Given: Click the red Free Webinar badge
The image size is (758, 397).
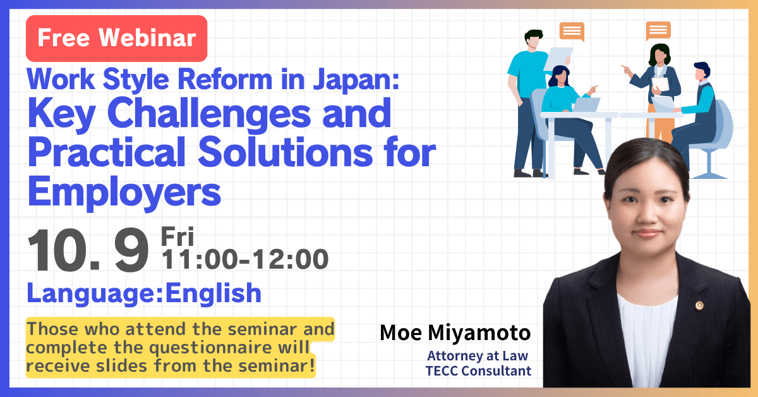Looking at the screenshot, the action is click(116, 39).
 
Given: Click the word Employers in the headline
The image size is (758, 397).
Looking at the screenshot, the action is click(124, 192).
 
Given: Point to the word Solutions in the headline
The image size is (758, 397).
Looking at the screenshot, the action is click(286, 152).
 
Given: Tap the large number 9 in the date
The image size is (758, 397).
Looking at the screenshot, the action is click(131, 250).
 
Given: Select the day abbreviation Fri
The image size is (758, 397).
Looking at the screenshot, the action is click(177, 236).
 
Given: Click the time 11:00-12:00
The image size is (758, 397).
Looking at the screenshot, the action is click(245, 259).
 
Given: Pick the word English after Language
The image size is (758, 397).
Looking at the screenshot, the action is click(214, 293).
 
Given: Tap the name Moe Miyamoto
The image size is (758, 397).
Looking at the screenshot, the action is click(455, 333).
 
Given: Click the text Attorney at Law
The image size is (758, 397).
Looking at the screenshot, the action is click(478, 356).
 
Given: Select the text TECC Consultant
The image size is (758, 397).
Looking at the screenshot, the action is click(478, 371).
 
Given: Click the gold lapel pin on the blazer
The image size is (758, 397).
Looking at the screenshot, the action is click(699, 306).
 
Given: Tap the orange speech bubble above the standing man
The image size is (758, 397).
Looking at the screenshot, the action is click(572, 32).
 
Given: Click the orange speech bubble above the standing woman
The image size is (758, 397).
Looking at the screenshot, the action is click(658, 31).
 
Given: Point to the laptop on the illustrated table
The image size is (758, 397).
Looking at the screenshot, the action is click(586, 104).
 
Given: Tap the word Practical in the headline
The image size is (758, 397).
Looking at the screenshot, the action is click(107, 152).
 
